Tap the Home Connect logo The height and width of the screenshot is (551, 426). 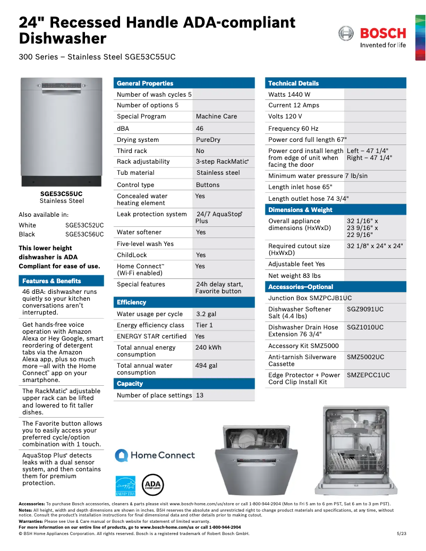pyautogui.click(x=155, y=455)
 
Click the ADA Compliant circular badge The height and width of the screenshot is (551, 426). pyautogui.click(x=153, y=485)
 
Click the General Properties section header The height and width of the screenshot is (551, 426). pyautogui.click(x=145, y=83)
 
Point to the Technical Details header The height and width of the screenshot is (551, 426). pyautogui.click(x=293, y=83)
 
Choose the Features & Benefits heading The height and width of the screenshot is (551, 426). pyautogui.click(x=52, y=281)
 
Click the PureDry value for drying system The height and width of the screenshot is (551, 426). pyautogui.click(x=208, y=140)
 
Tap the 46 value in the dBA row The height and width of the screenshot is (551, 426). pyautogui.click(x=200, y=129)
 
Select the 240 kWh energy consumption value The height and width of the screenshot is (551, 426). pyautogui.click(x=208, y=347)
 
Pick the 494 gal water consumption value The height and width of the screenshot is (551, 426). pyautogui.click(x=206, y=366)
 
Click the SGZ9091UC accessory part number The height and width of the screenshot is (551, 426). pyautogui.click(x=365, y=309)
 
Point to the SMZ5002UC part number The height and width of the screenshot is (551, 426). pyautogui.click(x=365, y=357)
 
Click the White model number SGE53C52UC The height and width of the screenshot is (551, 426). pyautogui.click(x=84, y=225)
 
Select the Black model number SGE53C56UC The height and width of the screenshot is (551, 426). pyautogui.click(x=84, y=234)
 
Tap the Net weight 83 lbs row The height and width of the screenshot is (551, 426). pyautogui.click(x=294, y=276)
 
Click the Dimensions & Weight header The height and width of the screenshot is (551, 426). pyautogui.click(x=300, y=210)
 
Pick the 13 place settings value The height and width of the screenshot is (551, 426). pyautogui.click(x=200, y=395)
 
